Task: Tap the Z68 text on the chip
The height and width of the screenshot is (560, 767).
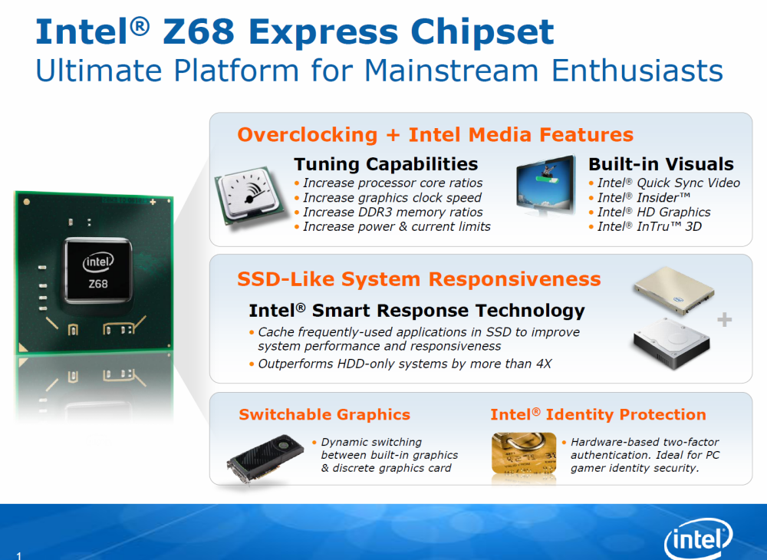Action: tap(98, 284)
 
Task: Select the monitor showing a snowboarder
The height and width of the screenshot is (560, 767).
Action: tap(546, 186)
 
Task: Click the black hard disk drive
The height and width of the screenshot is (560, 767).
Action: tap(671, 343)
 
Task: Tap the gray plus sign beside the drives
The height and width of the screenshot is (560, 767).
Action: tap(725, 320)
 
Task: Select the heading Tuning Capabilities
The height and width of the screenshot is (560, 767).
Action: tap(386, 164)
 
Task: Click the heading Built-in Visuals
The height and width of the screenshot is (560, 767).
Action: tap(661, 164)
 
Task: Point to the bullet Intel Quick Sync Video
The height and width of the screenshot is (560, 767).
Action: tap(665, 183)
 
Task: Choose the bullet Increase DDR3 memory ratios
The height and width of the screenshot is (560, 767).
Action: tap(388, 212)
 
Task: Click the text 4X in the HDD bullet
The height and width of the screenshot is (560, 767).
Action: tap(544, 364)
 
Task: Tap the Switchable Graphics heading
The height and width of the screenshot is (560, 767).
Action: tap(324, 415)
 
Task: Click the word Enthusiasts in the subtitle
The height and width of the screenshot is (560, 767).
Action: tap(637, 71)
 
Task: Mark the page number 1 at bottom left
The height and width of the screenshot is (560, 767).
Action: tap(19, 555)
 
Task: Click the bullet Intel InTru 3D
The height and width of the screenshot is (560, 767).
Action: tap(646, 226)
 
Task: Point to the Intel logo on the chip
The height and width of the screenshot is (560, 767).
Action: tap(98, 262)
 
